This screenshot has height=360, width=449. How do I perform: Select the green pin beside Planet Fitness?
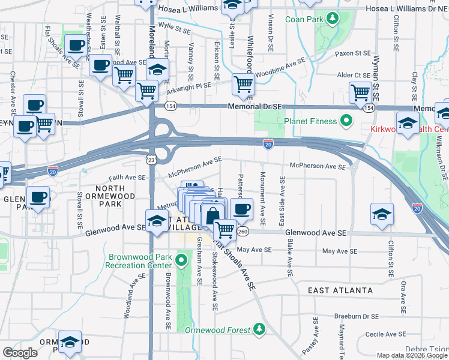[x=346, y=121]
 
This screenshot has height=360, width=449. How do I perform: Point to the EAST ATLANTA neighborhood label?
[x=340, y=290]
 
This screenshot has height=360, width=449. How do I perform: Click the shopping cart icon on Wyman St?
[x=360, y=92]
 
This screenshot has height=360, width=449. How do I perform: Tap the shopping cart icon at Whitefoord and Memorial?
[x=243, y=83]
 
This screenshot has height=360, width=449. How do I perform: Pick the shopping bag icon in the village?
[x=212, y=214]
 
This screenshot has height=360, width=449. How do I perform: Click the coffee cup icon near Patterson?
[x=241, y=209]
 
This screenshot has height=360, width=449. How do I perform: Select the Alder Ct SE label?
[x=353, y=75]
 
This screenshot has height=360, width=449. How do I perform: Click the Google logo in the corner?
[x=20, y=353]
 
